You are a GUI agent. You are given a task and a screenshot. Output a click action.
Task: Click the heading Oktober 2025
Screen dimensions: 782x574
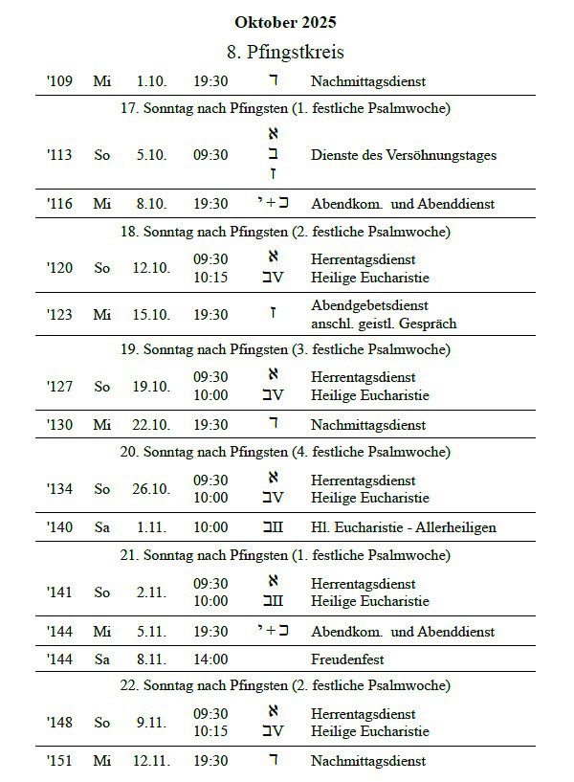[x=285, y=22]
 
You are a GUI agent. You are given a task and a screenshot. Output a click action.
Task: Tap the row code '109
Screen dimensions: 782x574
[x=59, y=82]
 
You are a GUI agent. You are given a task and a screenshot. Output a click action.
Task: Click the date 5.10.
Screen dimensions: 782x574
[x=151, y=155]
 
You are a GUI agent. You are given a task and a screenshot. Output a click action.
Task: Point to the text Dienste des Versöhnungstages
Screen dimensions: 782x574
[x=403, y=155]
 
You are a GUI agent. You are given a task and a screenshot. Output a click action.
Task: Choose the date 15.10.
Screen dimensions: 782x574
[x=151, y=314]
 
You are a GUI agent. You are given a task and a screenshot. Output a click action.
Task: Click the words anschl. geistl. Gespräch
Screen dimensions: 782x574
[x=384, y=324]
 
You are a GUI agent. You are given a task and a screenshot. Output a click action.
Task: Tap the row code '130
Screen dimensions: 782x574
[x=59, y=425]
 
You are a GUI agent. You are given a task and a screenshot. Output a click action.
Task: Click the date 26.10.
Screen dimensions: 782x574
[x=151, y=489]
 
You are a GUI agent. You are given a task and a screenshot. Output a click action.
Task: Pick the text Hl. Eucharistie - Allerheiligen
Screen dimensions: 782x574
[x=403, y=527]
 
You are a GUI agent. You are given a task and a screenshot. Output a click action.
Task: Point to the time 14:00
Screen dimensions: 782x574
[x=210, y=659]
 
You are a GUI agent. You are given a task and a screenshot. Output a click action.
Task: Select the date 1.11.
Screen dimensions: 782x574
[x=151, y=527]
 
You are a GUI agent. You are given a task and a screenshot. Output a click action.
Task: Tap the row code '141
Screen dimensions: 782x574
[x=59, y=592]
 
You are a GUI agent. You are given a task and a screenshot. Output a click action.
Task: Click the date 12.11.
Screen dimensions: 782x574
[x=151, y=761]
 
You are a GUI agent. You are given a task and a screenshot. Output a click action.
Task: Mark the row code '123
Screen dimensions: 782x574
[x=59, y=314]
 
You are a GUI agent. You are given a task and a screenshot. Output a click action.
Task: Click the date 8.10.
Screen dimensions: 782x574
[x=151, y=203]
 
